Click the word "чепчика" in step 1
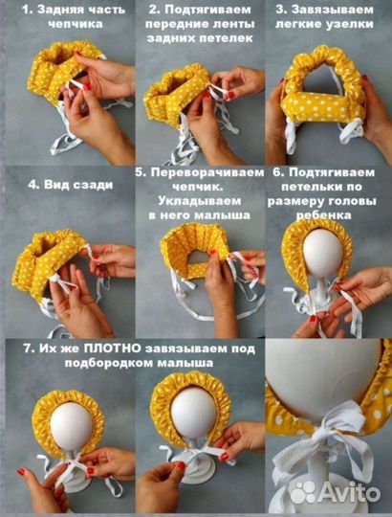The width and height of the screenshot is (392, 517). (76, 25)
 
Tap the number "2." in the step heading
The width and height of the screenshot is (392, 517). (154, 10)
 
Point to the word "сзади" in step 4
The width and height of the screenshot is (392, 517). (92, 185)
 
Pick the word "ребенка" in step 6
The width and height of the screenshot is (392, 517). (323, 215)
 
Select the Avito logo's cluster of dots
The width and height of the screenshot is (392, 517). (303, 493)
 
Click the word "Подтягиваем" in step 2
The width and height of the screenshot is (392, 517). (208, 10)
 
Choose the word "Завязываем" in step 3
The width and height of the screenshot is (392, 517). (333, 10)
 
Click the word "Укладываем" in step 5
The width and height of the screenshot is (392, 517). (200, 201)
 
